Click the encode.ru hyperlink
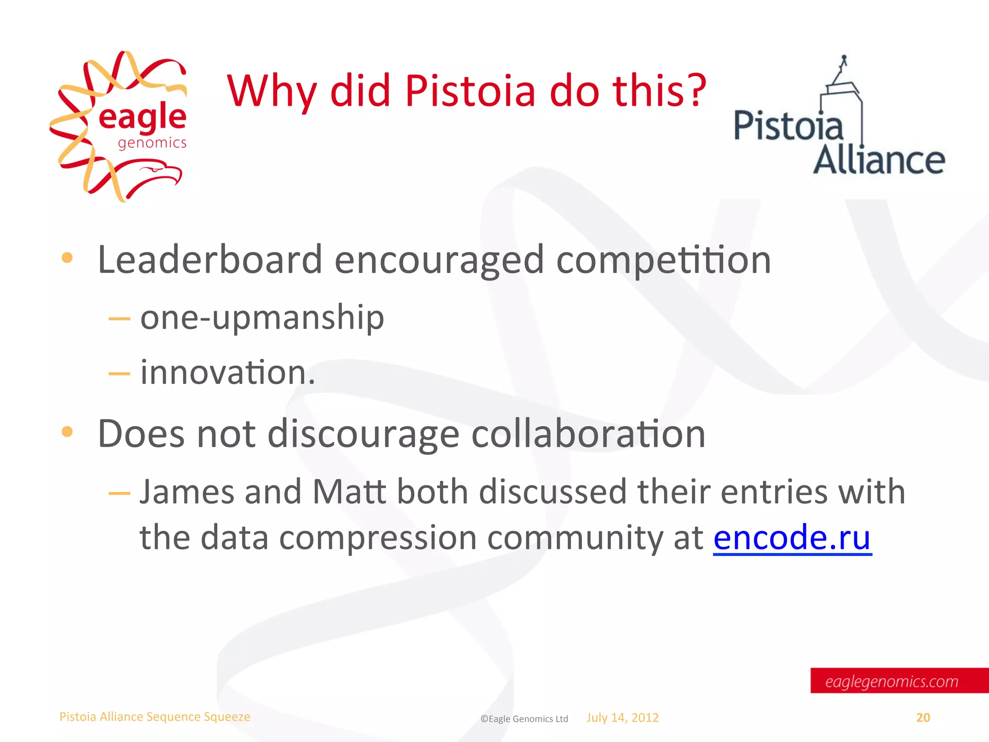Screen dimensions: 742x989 pyautogui.click(x=792, y=537)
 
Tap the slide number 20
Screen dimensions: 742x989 pyautogui.click(x=923, y=717)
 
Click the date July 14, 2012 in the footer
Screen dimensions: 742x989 pyautogui.click(x=622, y=717)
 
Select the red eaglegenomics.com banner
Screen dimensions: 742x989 pyautogui.click(x=898, y=681)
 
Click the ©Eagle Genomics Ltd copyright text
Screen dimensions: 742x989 pyautogui.click(x=524, y=719)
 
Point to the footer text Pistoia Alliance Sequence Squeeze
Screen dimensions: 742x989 pyautogui.click(x=155, y=716)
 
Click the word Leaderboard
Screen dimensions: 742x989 pyautogui.click(x=210, y=260)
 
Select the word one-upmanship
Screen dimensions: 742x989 pyautogui.click(x=262, y=318)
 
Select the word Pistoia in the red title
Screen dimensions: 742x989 pyautogui.click(x=470, y=90)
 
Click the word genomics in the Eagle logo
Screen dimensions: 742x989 pyautogui.click(x=152, y=143)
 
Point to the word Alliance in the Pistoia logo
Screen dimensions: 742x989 pyautogui.click(x=879, y=160)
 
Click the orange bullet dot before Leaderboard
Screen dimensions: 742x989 pyautogui.click(x=67, y=258)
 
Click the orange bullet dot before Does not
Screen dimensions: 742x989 pyautogui.click(x=67, y=431)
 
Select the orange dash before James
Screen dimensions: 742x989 pyautogui.click(x=119, y=493)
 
